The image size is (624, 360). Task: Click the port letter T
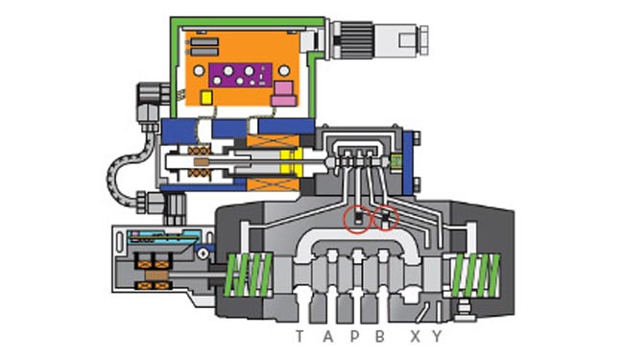(300, 337)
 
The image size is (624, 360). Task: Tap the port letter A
(328, 337)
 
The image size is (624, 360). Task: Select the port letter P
(354, 337)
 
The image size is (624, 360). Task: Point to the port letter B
(380, 337)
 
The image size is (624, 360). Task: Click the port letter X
(416, 337)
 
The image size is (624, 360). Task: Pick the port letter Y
(438, 337)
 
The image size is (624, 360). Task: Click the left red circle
(357, 219)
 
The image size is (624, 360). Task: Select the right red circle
(385, 218)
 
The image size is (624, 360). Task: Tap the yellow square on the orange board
(206, 98)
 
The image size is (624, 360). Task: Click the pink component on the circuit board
(284, 94)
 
